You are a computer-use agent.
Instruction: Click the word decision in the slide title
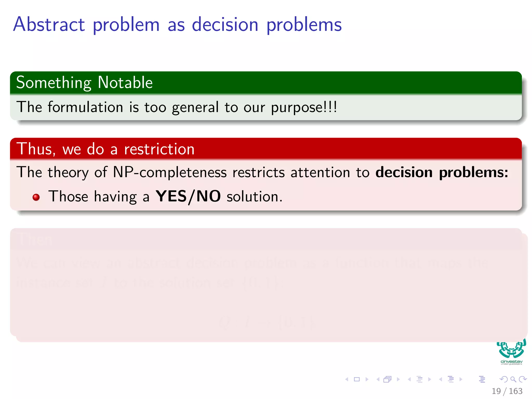(225, 25)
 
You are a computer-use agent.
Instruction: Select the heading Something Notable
(84, 83)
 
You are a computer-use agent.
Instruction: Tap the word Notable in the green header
(125, 83)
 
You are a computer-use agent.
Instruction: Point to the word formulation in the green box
(85, 107)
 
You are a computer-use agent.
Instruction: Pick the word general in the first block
(195, 108)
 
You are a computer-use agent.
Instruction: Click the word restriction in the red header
(159, 149)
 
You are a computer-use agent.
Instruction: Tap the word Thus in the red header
(36, 149)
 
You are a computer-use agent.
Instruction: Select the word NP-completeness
(170, 172)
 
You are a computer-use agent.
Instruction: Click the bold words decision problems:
(442, 172)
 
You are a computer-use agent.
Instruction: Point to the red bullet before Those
(36, 197)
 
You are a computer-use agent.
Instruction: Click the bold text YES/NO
(188, 196)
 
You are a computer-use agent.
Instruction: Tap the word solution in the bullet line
(254, 197)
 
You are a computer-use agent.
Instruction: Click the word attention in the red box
(320, 172)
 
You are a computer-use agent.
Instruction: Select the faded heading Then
(35, 239)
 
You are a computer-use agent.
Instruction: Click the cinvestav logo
(511, 352)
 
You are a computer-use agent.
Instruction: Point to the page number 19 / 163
(507, 391)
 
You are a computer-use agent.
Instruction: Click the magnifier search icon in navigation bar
(513, 379)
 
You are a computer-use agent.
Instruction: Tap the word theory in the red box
(68, 172)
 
